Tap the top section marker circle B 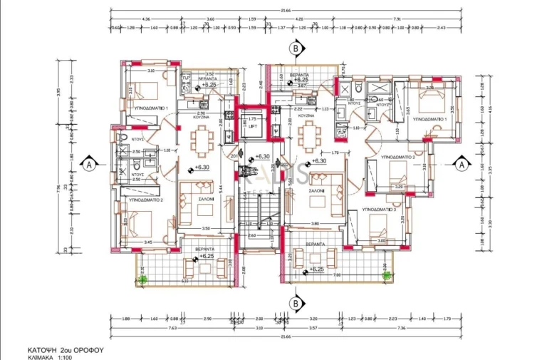[x=295, y=48]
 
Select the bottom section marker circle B [x=295, y=303]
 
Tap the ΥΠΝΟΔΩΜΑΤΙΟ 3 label [x=378, y=210]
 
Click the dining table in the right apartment [x=308, y=135]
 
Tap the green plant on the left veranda [x=142, y=279]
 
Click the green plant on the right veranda [x=386, y=274]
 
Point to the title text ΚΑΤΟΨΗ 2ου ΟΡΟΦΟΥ [x=66, y=350]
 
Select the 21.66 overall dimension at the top [x=285, y=10]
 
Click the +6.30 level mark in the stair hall [x=262, y=156]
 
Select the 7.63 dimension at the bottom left [x=132, y=328]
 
